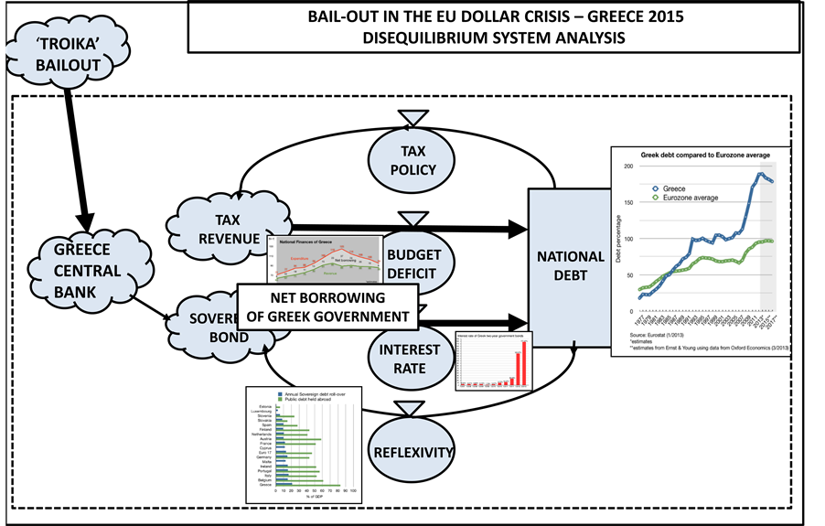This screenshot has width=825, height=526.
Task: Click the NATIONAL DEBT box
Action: pyautogui.click(x=568, y=267)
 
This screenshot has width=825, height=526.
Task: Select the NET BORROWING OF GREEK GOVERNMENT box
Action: pyautogui.click(x=326, y=306)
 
